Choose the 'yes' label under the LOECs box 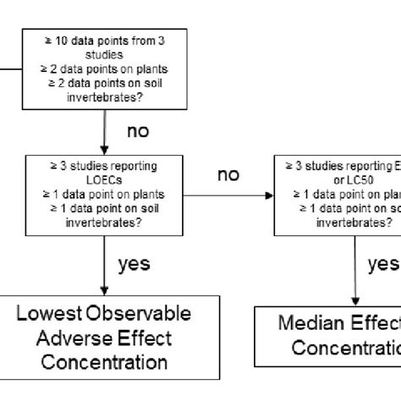coord(134,263)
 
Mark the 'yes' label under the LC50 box coord(383,264)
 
